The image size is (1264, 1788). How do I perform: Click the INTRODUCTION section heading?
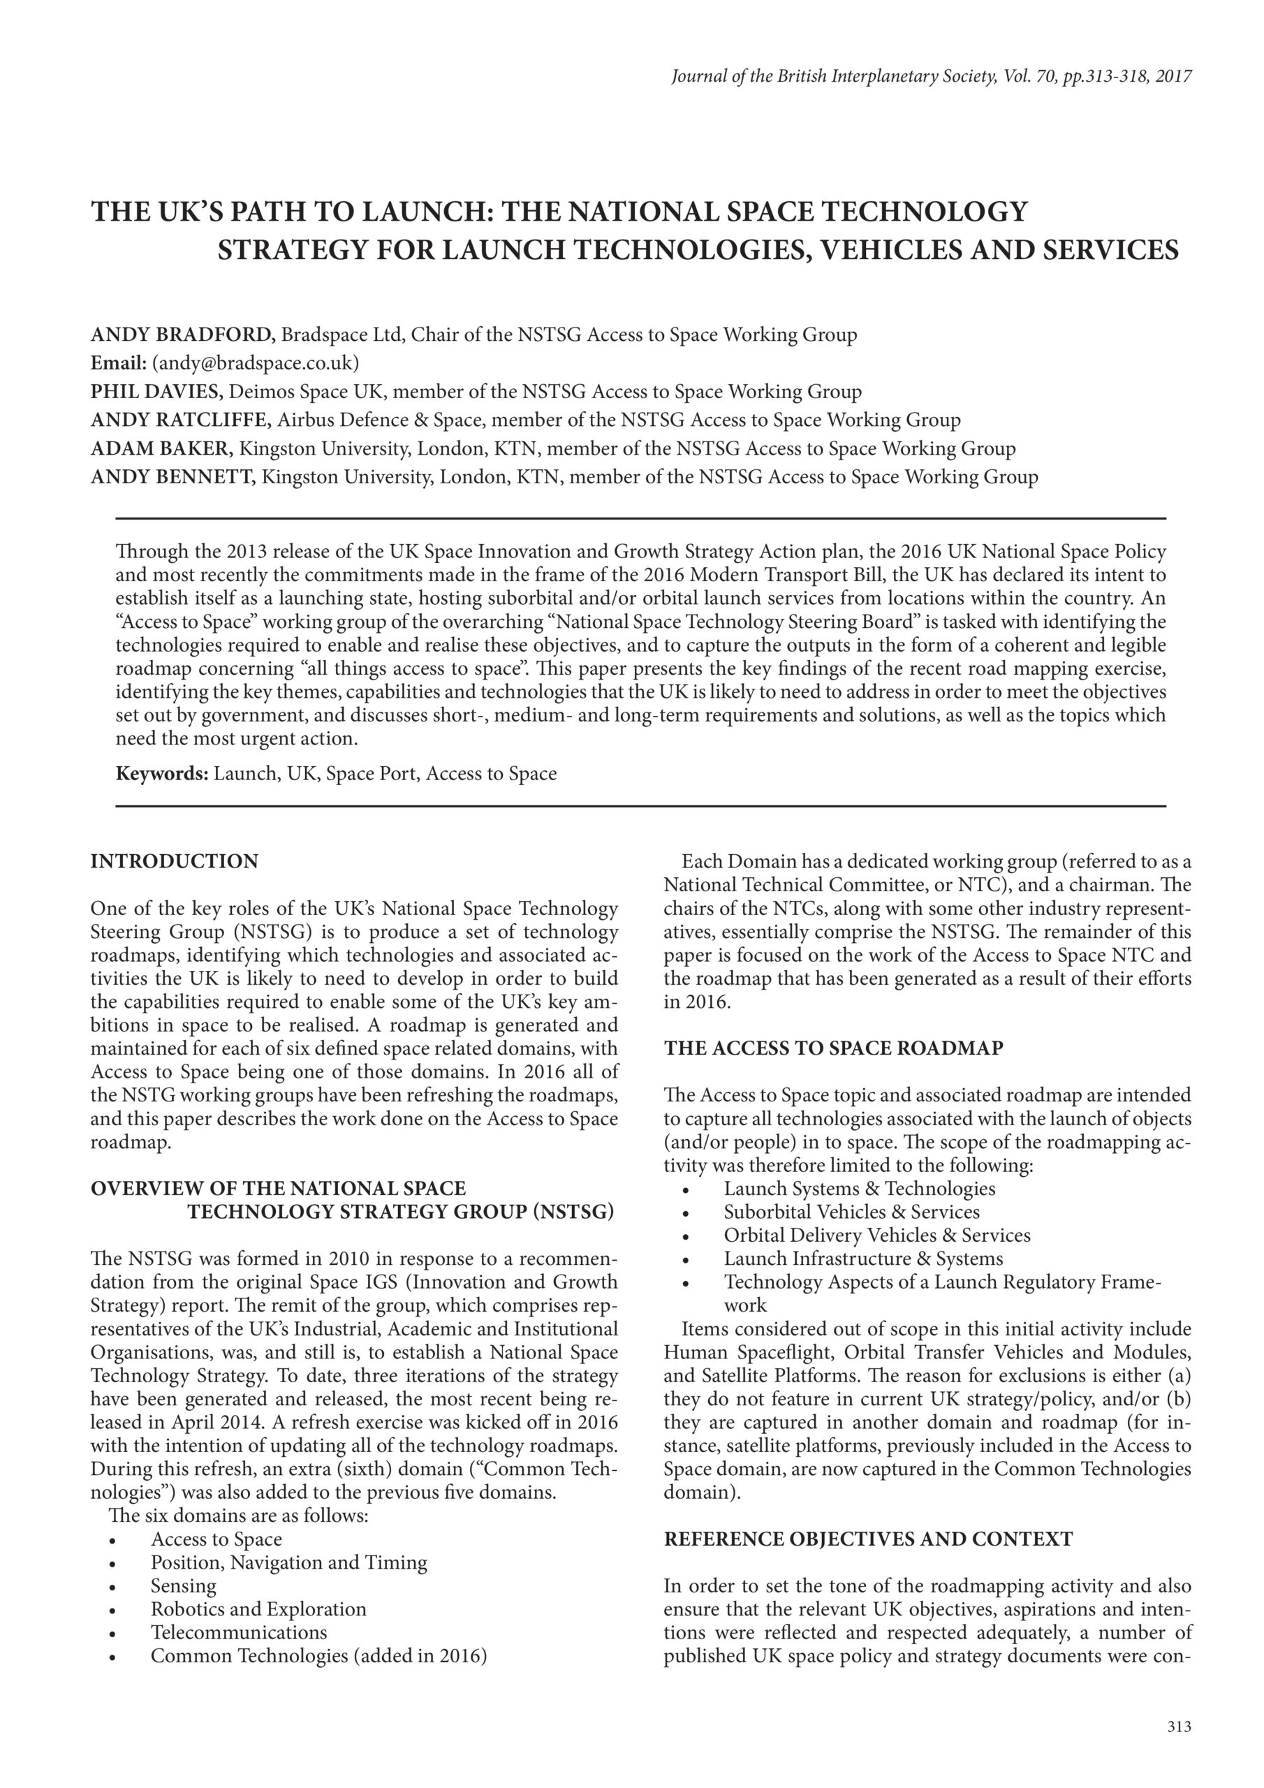click(x=175, y=861)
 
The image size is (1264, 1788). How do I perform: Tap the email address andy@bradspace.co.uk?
click(x=256, y=364)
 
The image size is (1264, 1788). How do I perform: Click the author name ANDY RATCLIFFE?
click(x=181, y=420)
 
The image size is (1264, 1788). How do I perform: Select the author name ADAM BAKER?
click(x=162, y=448)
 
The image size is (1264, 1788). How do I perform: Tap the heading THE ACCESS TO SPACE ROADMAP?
click(x=833, y=1048)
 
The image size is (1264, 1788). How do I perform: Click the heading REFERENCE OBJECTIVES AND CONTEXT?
click(x=867, y=1539)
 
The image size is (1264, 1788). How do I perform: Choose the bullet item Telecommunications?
click(x=239, y=1632)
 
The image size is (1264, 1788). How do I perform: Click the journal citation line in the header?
click(x=932, y=76)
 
